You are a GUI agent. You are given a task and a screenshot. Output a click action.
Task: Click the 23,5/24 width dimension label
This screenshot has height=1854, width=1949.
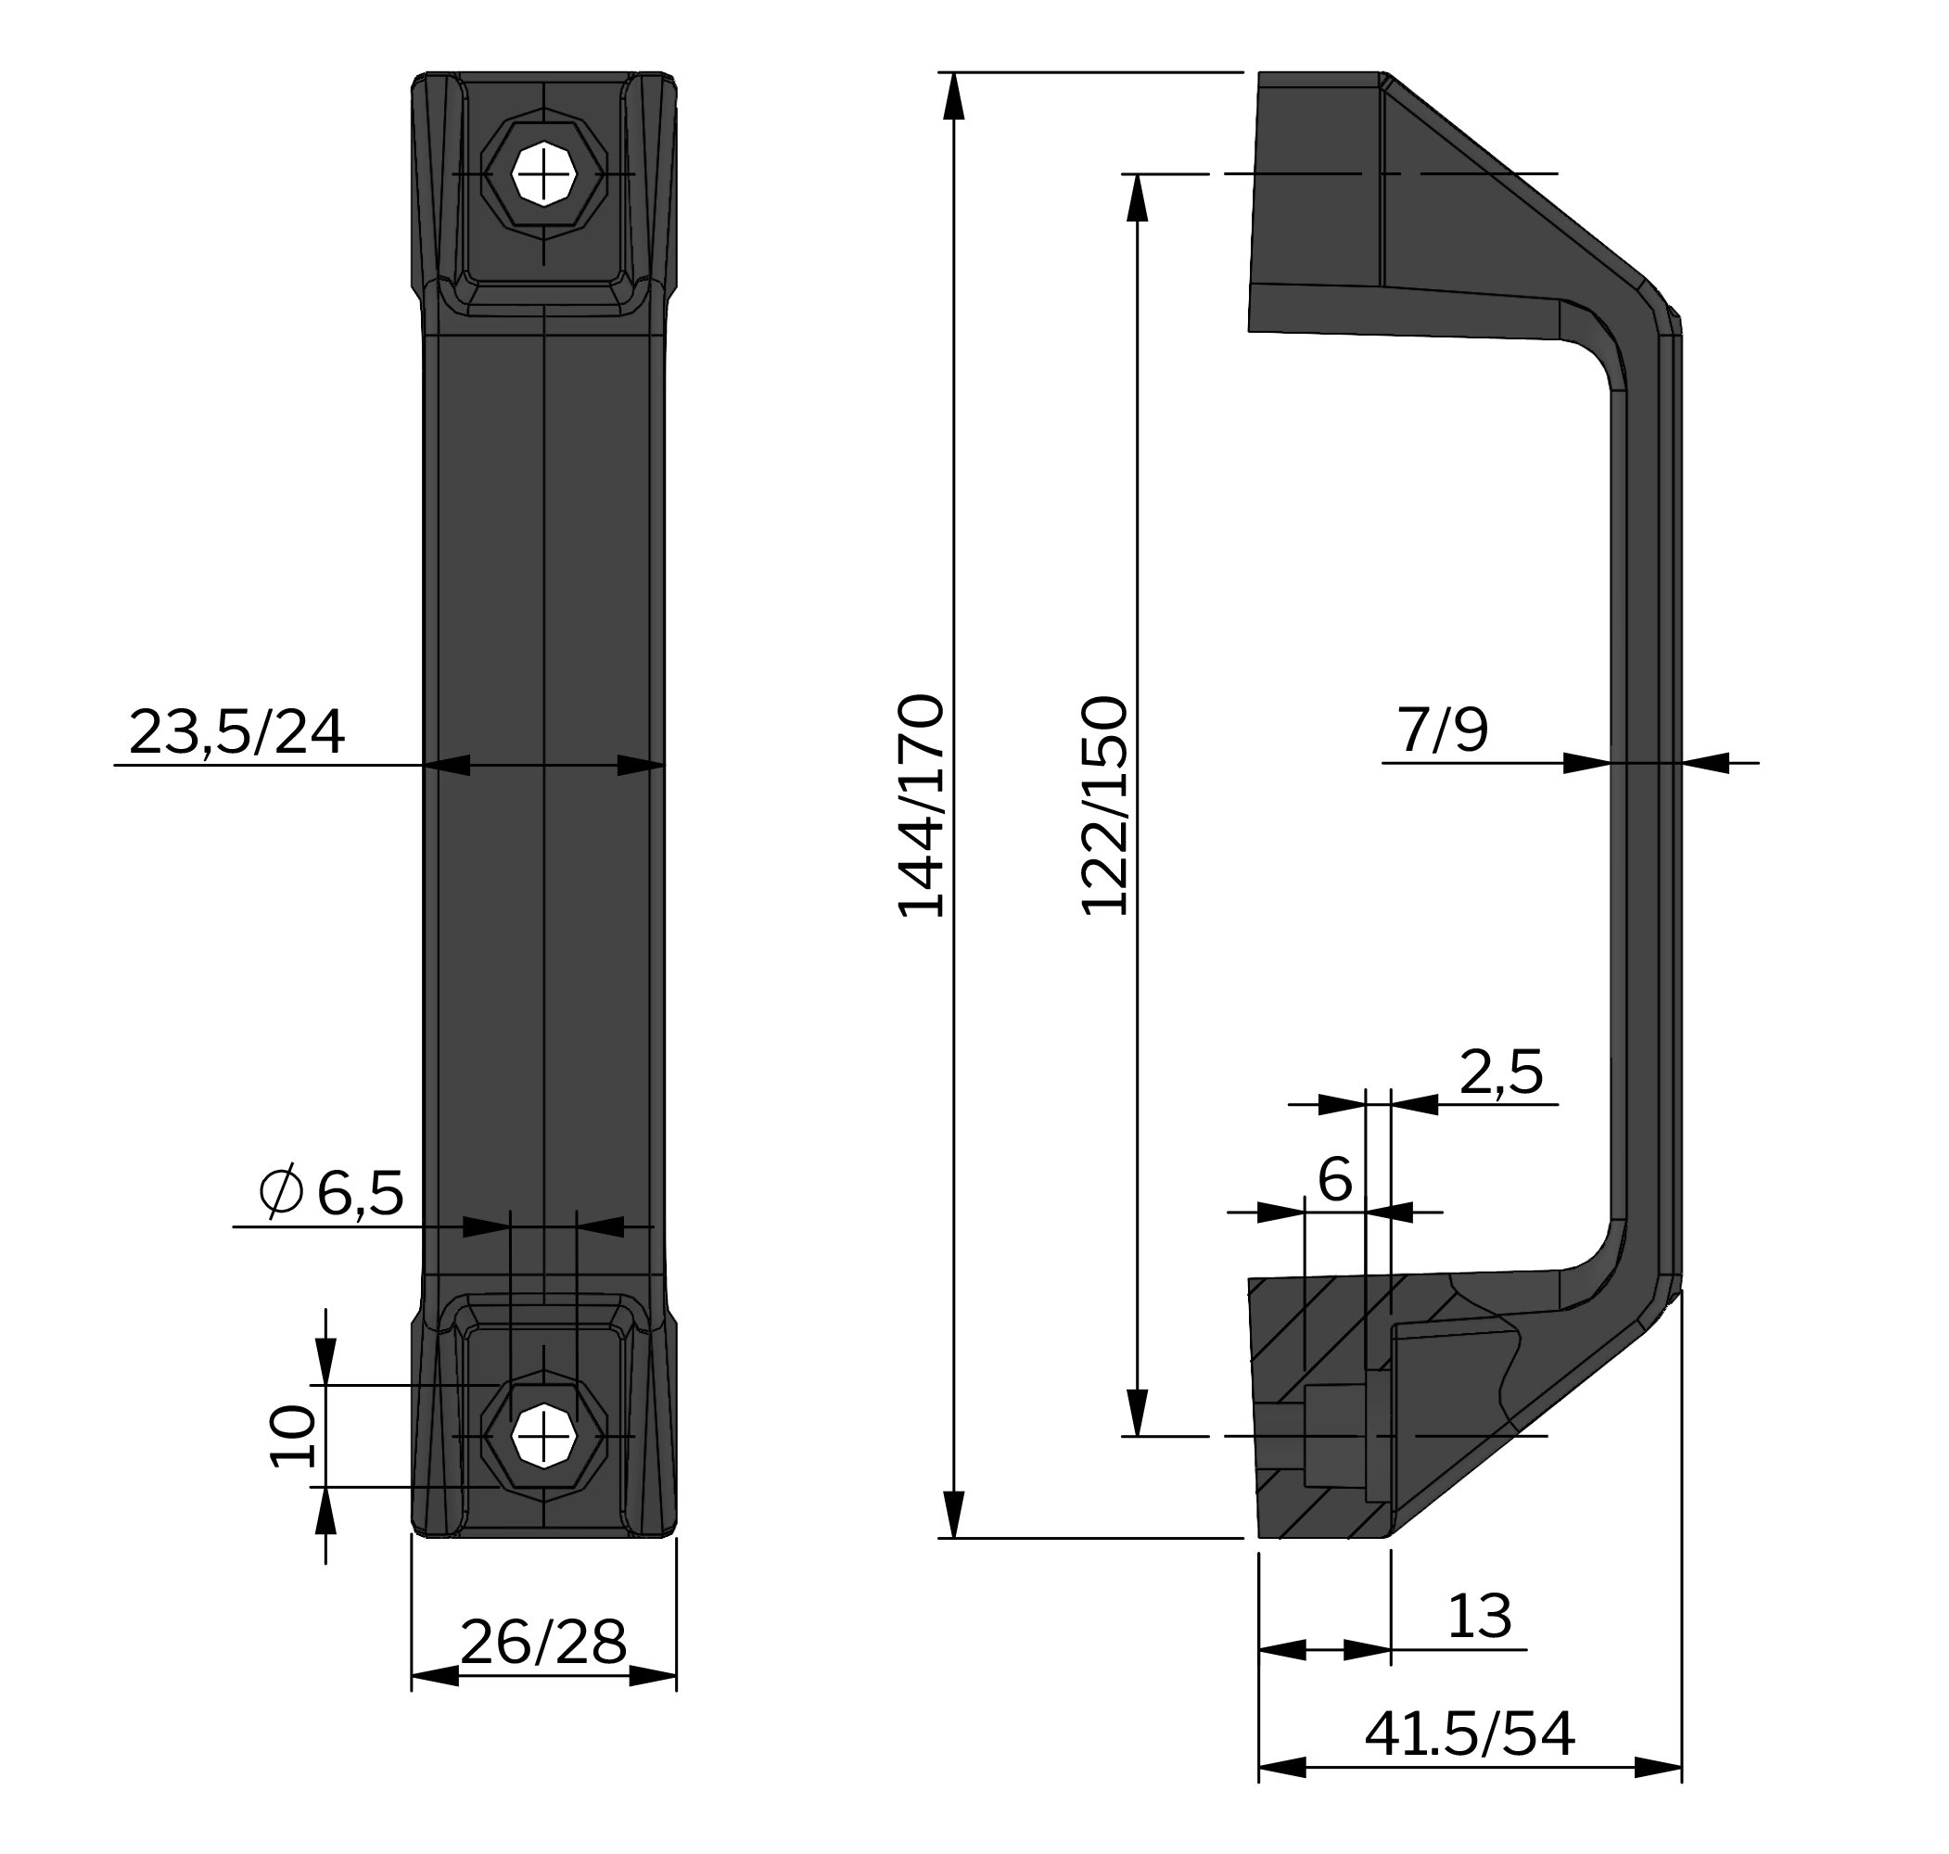point(236,732)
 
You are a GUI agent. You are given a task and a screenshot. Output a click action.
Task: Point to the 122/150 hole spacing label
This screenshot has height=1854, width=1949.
point(1104,806)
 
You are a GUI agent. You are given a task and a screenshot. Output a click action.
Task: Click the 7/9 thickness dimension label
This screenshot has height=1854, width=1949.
point(1442,730)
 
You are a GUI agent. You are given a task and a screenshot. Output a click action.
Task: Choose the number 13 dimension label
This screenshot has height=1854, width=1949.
point(1479,1617)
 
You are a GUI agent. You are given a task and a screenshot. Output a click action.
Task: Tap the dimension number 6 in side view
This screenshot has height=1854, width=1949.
point(1334,1179)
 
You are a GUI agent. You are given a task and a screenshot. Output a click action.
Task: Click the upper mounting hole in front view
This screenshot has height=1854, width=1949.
point(543,175)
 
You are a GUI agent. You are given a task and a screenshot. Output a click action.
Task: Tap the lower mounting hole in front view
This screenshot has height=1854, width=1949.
point(543,1435)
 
